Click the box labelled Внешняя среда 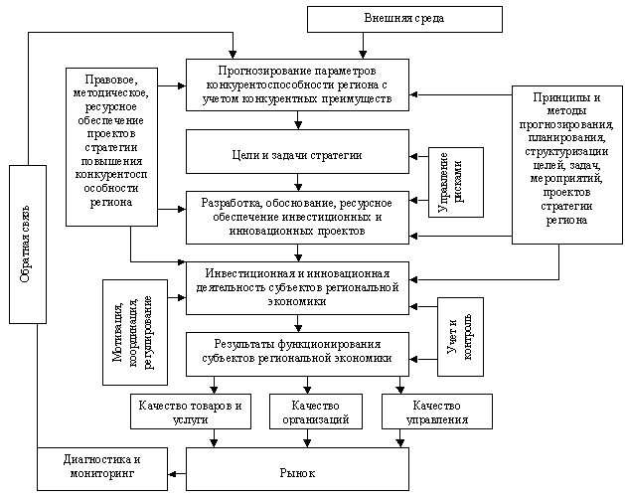coord(390,19)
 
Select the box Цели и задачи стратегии coord(297,156)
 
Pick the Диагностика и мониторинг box coord(101,467)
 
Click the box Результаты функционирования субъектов coord(297,351)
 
